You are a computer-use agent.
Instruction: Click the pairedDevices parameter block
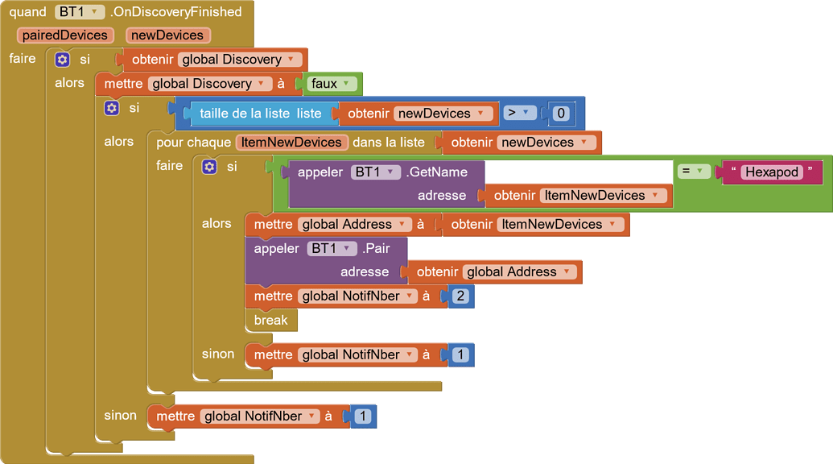[x=65, y=35]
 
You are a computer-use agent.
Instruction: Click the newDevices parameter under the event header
[x=168, y=35]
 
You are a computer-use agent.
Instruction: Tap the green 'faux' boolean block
[x=332, y=84]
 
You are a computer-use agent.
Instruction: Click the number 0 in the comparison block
[x=561, y=114]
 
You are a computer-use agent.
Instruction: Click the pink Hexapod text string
[x=772, y=172]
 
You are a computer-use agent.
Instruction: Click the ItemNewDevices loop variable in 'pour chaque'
[x=291, y=143]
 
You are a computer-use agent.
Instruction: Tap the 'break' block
[x=270, y=320]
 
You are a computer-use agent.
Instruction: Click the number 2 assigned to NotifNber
[x=460, y=296]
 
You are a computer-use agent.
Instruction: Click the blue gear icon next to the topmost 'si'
[x=62, y=60]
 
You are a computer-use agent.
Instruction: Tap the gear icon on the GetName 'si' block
[x=209, y=167]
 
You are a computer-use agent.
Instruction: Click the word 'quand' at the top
[x=28, y=12]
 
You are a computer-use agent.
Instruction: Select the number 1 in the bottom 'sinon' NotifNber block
[x=362, y=416]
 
